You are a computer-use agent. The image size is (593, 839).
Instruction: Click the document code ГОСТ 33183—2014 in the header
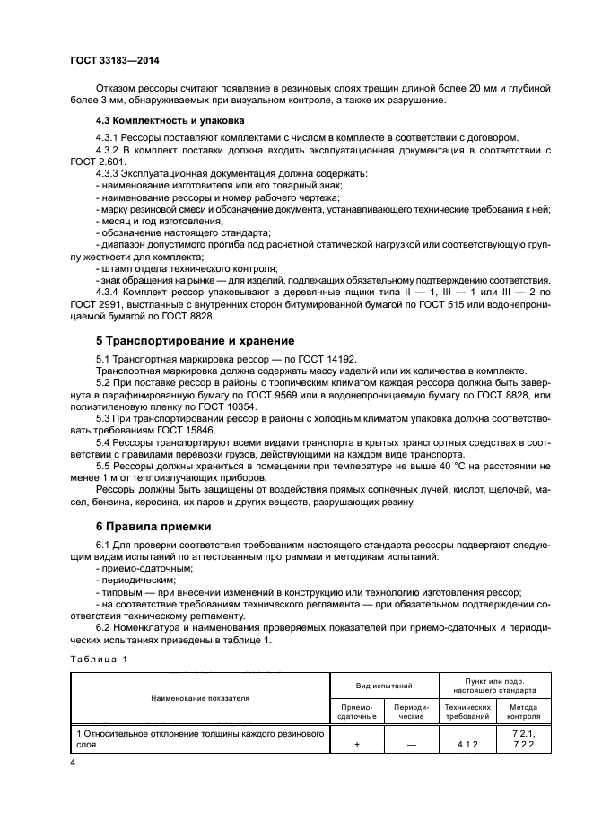click(109, 60)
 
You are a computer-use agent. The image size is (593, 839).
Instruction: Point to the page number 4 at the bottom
click(73, 762)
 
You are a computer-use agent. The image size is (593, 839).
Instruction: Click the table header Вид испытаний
click(384, 685)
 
